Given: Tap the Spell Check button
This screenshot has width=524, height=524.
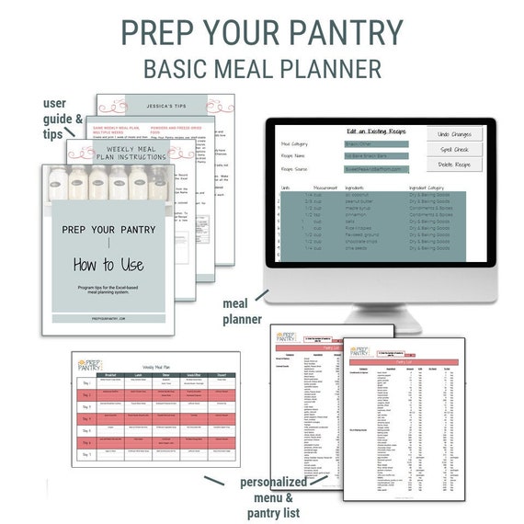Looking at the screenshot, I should pos(454,149).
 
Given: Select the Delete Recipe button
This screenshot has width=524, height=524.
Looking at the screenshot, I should pos(454,165).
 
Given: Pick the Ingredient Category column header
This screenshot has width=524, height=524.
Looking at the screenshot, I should pos(432,188).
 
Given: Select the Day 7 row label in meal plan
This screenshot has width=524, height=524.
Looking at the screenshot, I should pos(87,454).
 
